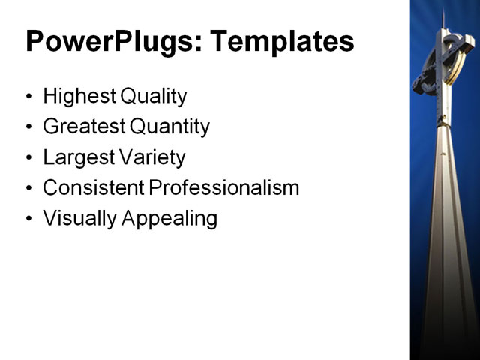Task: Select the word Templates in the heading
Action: click(x=281, y=42)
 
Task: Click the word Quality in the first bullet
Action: click(x=152, y=97)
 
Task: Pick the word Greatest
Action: click(x=82, y=127)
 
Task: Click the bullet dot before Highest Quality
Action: click(x=29, y=97)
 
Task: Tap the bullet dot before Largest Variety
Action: click(x=29, y=158)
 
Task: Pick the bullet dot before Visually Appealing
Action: click(x=29, y=220)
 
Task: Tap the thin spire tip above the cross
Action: click(x=443, y=19)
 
